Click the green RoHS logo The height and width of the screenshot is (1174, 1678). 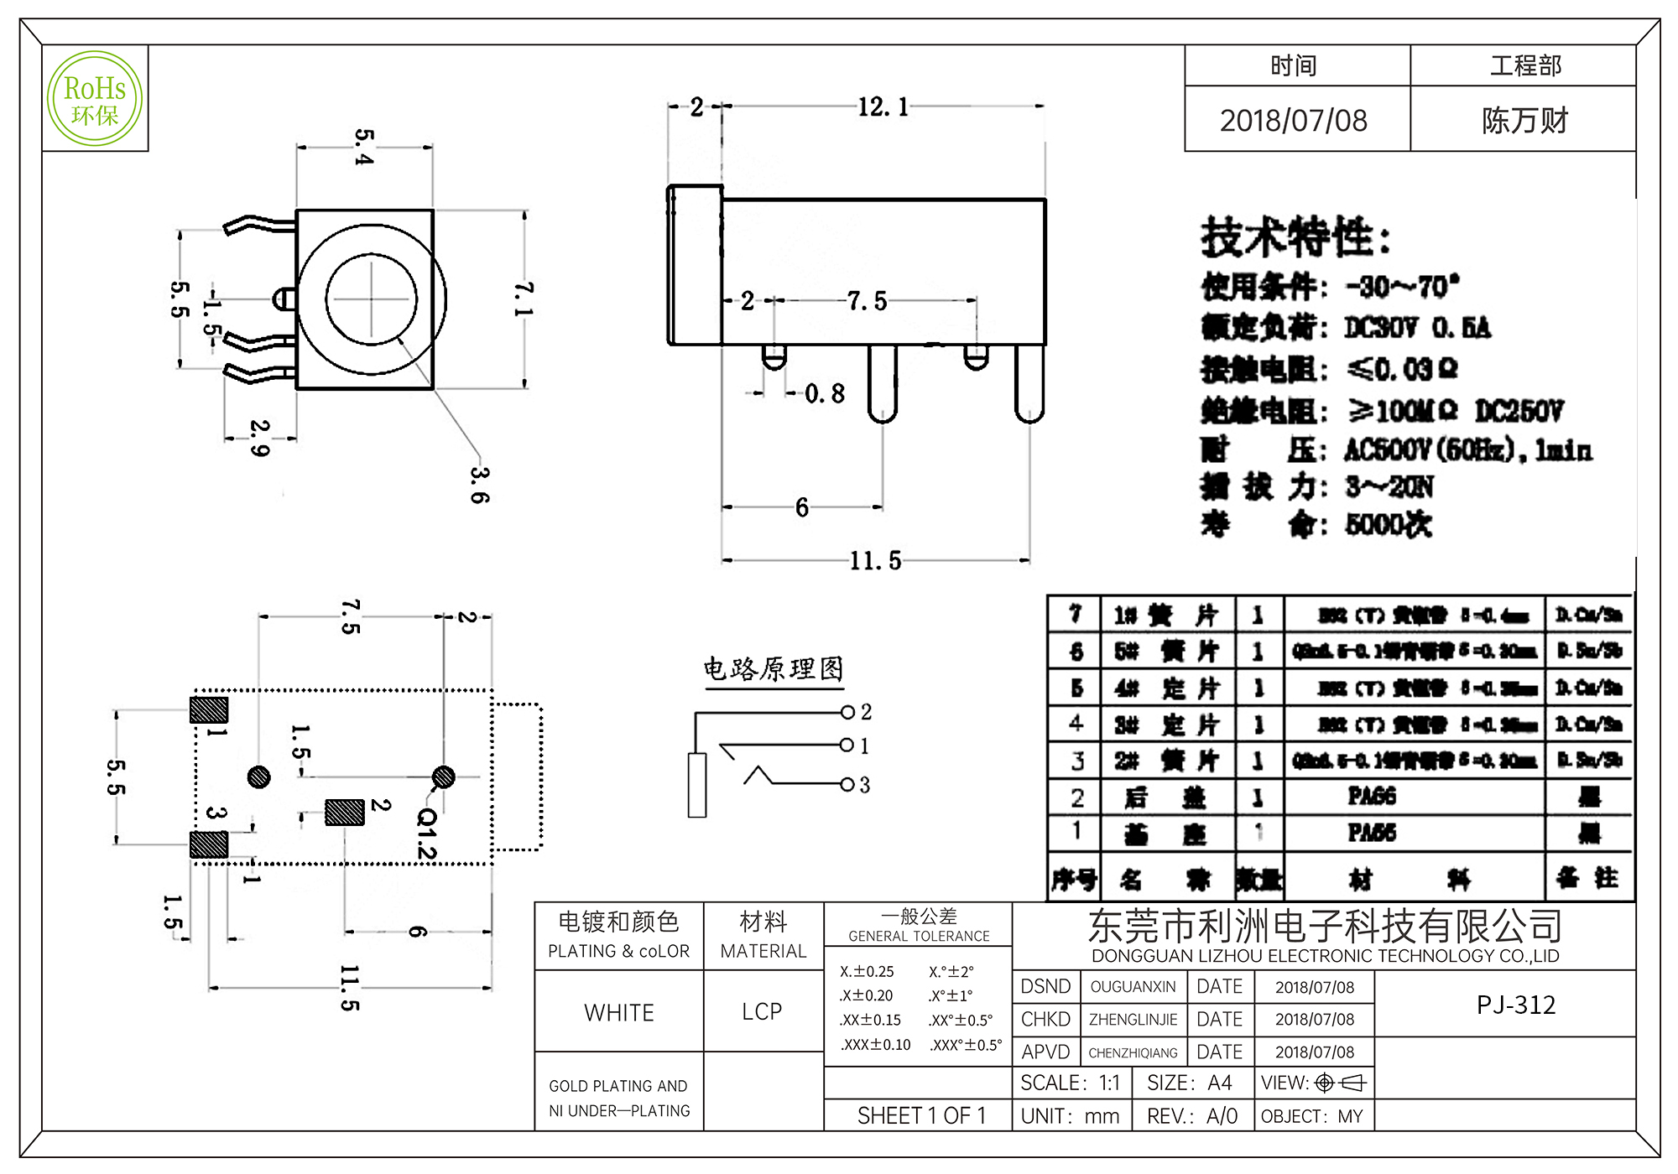pyautogui.click(x=95, y=99)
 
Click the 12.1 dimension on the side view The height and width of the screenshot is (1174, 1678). pyautogui.click(x=883, y=107)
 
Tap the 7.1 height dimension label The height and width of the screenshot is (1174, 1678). pyautogui.click(x=524, y=299)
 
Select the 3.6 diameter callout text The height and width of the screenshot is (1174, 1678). pyautogui.click(x=479, y=485)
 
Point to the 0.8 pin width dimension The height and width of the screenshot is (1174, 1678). pyautogui.click(x=824, y=393)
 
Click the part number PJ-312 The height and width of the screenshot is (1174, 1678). pyautogui.click(x=1515, y=1005)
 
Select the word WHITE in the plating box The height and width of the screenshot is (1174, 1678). pyautogui.click(x=619, y=1013)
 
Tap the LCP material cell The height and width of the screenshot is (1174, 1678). pyautogui.click(x=762, y=1012)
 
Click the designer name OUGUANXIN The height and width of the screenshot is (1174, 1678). pyautogui.click(x=1133, y=987)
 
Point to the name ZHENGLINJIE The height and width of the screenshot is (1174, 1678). pyautogui.click(x=1133, y=1020)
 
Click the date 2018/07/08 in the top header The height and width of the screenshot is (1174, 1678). pyautogui.click(x=1293, y=121)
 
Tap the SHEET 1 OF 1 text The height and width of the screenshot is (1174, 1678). pyautogui.click(x=920, y=1116)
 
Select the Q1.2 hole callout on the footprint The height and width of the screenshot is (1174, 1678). pyautogui.click(x=427, y=833)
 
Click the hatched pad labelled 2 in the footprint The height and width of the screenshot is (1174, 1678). pyautogui.click(x=345, y=812)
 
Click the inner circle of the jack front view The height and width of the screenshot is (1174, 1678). pyautogui.click(x=371, y=299)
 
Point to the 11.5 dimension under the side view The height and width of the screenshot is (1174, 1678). pyautogui.click(x=875, y=560)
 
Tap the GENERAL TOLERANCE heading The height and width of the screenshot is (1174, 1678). pyautogui.click(x=919, y=936)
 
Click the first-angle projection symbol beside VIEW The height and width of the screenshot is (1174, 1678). pyautogui.click(x=1340, y=1083)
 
